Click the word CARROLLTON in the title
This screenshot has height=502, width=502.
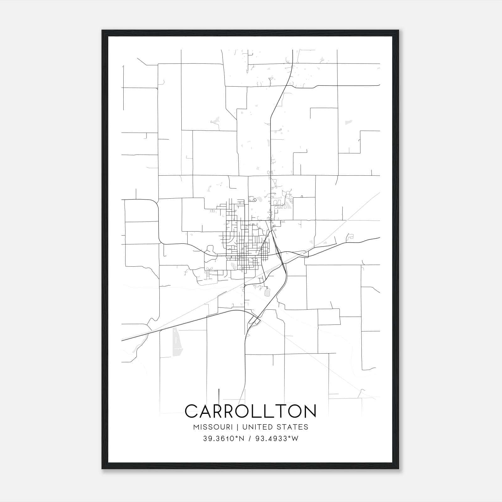[x=250, y=411]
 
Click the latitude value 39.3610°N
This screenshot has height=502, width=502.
[x=223, y=439]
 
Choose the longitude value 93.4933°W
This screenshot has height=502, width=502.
[x=277, y=439]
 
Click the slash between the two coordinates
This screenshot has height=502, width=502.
[x=250, y=439]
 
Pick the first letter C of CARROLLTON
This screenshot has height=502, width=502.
[x=191, y=411]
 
